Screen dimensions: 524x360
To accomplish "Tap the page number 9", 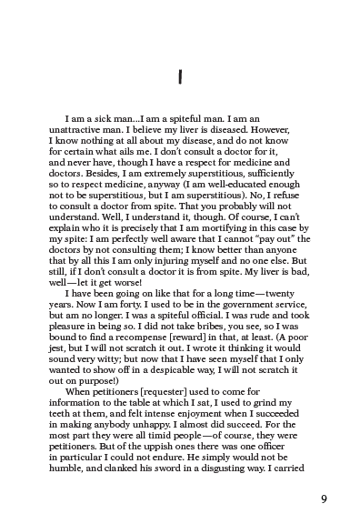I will [325, 499].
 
